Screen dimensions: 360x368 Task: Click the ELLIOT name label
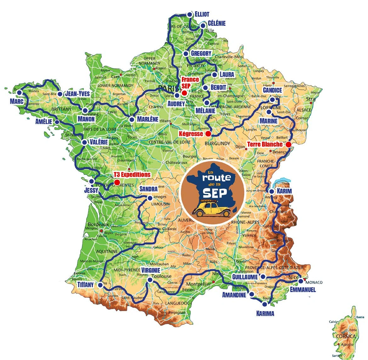click(202, 14)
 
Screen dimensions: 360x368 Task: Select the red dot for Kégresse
click(208, 134)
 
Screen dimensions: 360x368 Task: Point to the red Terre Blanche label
click(265, 144)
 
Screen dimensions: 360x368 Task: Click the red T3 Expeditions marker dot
click(117, 182)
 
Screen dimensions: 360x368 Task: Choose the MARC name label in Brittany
click(17, 101)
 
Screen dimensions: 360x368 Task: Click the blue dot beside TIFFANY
click(100, 285)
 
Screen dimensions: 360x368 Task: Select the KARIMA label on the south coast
click(265, 313)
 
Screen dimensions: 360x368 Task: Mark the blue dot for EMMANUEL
click(301, 281)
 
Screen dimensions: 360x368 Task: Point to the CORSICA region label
click(345, 336)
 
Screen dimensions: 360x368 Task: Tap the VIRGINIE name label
click(150, 270)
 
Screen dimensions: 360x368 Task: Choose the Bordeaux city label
click(98, 225)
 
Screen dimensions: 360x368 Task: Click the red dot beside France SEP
click(184, 93)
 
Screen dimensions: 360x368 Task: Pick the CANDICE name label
click(272, 90)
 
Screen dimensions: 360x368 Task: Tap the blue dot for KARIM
click(271, 191)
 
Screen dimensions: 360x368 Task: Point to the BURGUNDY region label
click(217, 143)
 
